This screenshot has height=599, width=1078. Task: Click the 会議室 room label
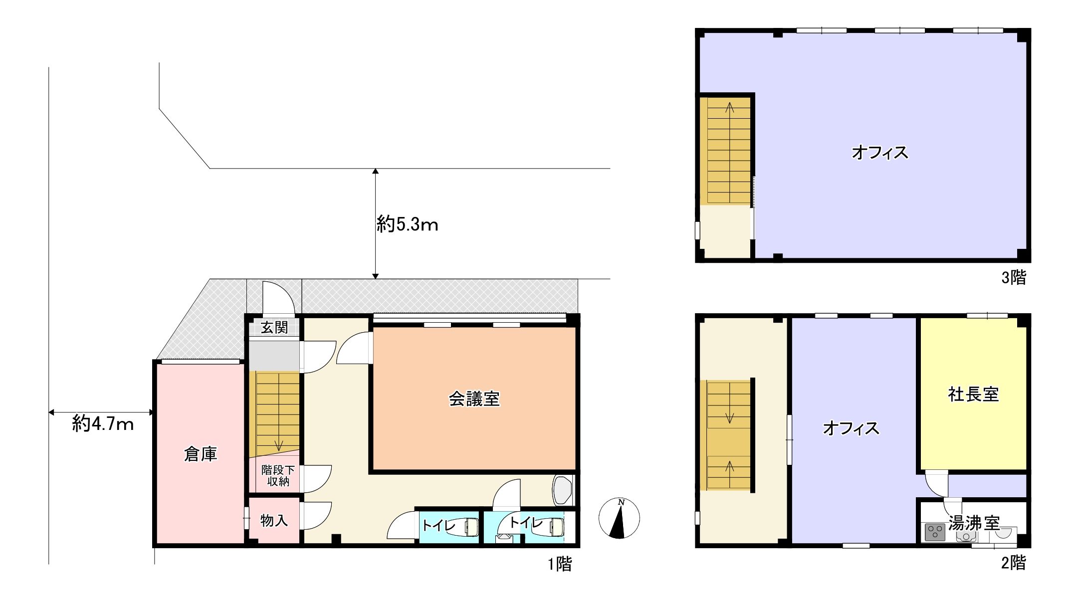[474, 399]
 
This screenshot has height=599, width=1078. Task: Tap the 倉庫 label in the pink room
[201, 454]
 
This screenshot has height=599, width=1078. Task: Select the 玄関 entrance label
[274, 328]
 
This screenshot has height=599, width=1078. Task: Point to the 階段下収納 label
[278, 476]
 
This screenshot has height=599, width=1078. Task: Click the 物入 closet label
[274, 520]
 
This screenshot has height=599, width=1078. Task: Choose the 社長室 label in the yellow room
[973, 395]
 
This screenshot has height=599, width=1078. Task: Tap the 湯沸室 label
[974, 523]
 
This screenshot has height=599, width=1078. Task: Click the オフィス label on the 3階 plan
[880, 152]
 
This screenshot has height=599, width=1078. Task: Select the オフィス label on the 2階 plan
[851, 428]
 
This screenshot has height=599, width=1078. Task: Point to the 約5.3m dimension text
[408, 224]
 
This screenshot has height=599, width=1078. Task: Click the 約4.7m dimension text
[103, 424]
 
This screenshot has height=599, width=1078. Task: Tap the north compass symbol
[619, 518]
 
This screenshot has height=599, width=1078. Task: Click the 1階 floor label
[560, 564]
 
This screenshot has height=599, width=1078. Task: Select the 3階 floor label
[1014, 277]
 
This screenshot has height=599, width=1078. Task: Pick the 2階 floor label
[1014, 563]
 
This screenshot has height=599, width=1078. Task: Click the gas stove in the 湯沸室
[935, 532]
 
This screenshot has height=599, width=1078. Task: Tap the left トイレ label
[438, 525]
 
